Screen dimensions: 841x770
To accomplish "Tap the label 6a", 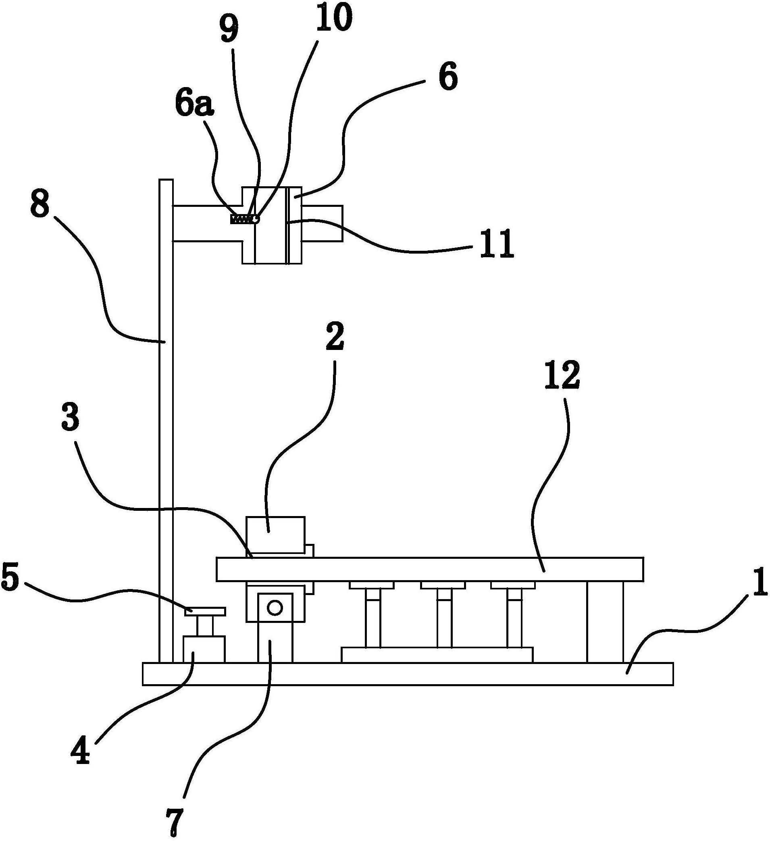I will click(194, 106).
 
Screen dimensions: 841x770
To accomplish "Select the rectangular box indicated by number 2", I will click(276, 536).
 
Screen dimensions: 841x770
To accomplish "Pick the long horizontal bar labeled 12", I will click(430, 569).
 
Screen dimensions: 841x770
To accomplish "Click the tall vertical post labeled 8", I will click(166, 417).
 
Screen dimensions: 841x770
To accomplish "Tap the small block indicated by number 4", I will click(204, 649).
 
